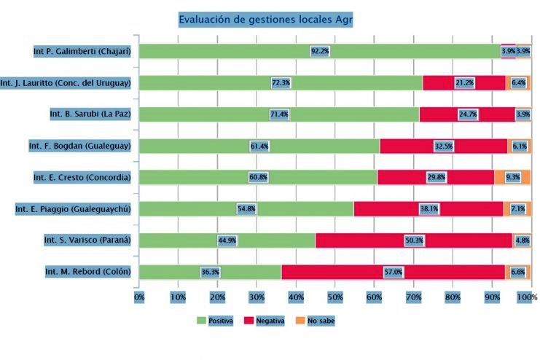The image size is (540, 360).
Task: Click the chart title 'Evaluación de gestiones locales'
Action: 266,20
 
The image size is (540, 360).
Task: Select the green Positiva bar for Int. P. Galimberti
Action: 219,51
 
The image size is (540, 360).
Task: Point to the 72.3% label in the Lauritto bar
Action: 281,83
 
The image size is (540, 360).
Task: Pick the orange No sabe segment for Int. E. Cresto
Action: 512,177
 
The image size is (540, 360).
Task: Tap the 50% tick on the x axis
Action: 334,297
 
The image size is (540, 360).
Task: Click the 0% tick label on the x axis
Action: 138,297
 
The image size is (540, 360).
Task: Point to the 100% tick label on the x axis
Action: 527,297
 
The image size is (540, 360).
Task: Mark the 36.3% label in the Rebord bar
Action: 211,272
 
